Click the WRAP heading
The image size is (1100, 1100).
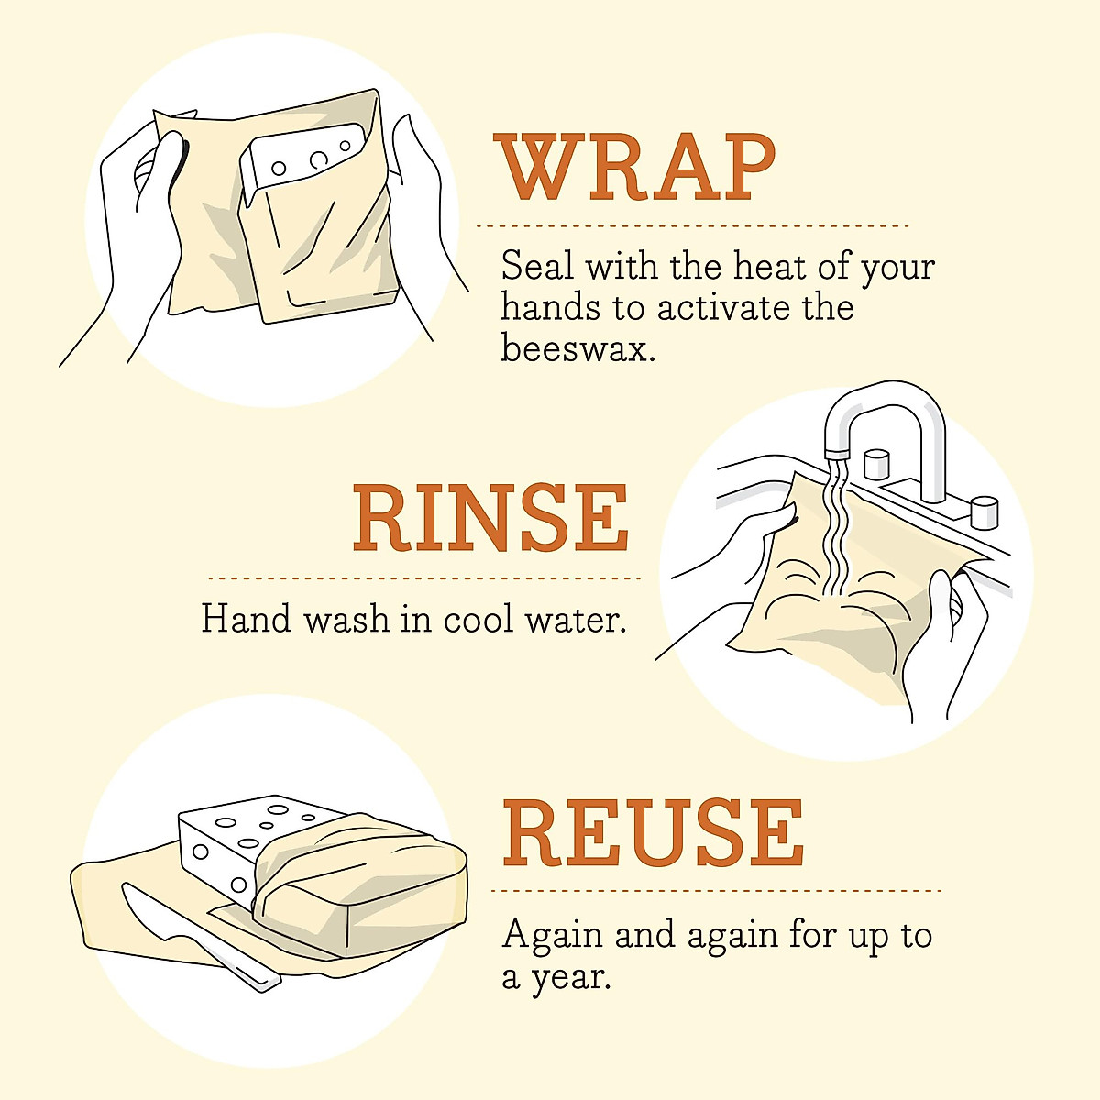(635, 169)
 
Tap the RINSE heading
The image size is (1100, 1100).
(490, 519)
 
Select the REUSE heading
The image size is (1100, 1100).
(653, 833)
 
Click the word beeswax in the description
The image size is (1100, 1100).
(577, 348)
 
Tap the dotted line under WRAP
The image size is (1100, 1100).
(692, 225)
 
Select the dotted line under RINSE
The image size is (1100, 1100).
(424, 578)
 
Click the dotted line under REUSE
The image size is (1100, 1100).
(715, 890)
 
